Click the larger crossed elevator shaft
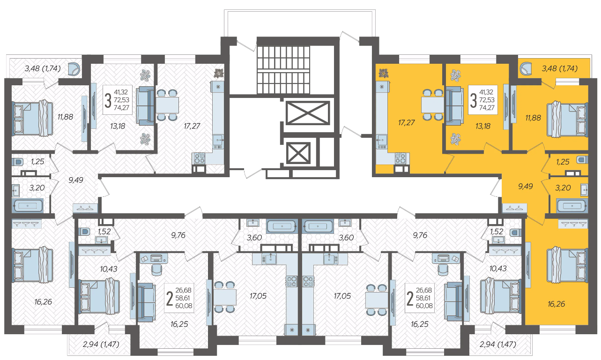(308, 113)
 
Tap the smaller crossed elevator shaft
(298, 153)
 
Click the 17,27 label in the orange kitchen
(407, 123)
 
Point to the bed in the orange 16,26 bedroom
(567, 265)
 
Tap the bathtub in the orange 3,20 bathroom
(572, 206)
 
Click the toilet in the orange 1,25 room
(582, 160)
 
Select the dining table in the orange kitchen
(432, 105)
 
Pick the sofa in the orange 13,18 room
(454, 105)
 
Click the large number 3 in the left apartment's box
(108, 100)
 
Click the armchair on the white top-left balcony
(74, 69)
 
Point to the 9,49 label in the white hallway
(76, 180)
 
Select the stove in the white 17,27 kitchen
(200, 158)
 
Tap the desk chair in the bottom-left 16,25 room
(156, 270)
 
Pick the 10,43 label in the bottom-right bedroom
(498, 269)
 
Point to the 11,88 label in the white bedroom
(65, 117)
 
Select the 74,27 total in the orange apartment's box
(487, 108)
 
